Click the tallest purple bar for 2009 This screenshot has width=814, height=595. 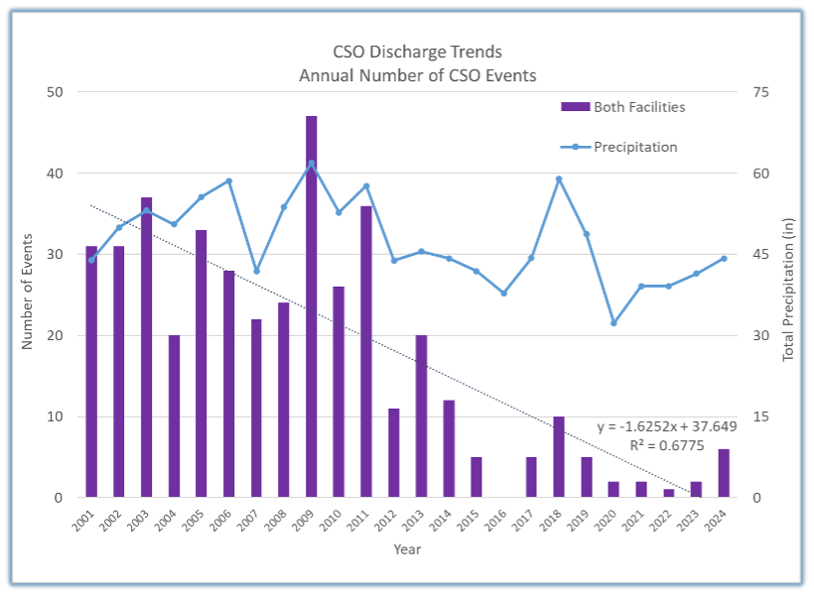pos(312,306)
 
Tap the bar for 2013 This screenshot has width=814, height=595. pos(422,416)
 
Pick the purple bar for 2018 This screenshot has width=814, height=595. pos(559,456)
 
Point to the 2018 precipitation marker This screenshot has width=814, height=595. pos(559,179)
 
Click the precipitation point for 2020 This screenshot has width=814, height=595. pos(613,323)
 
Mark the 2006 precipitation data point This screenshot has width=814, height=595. pos(229,181)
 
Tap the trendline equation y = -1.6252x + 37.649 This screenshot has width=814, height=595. pos(666,426)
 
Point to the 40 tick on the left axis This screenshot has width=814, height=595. pos(55,174)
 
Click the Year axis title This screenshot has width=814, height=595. pos(407,549)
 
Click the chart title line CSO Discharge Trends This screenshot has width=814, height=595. pos(417,52)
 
